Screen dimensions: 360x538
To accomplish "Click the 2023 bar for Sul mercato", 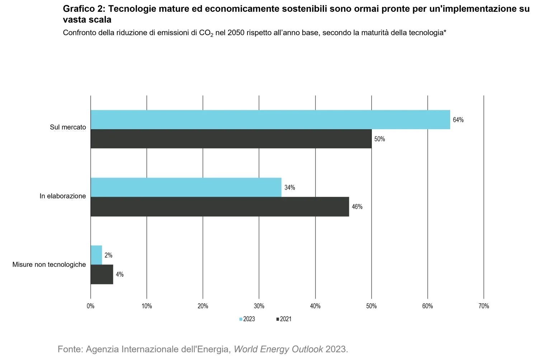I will coord(270,120).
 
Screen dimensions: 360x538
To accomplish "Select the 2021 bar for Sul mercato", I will coord(231,139).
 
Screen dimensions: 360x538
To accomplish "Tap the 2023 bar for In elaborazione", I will coord(186,187).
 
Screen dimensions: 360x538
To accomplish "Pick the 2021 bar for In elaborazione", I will coord(220,207).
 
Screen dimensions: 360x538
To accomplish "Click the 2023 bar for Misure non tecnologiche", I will coord(96,255).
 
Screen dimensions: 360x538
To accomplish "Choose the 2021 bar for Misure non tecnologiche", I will coord(102,275).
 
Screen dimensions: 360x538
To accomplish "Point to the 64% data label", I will coord(458,120).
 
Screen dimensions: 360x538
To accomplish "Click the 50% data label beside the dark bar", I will coord(379,139).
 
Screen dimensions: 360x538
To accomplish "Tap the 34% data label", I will coord(289,188).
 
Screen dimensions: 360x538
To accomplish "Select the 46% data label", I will coord(357,207).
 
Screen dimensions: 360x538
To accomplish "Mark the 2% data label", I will coord(108,255).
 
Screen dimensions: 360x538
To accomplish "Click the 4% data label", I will coord(119,275).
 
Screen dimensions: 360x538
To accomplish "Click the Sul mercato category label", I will coord(68,127).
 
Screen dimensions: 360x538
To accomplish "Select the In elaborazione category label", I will coord(63,196).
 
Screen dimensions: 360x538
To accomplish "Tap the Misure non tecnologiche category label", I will coord(49,265).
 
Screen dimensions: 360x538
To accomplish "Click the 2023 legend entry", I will coord(247,319).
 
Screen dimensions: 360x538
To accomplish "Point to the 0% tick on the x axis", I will coord(90,306).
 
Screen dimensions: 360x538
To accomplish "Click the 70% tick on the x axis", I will coord(483,306).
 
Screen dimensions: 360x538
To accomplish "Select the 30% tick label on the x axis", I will coord(259,306).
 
